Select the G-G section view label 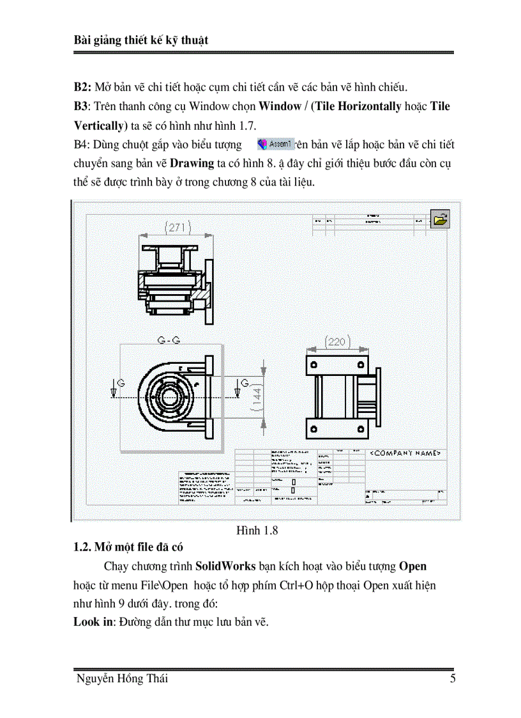pos(167,341)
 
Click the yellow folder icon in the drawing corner pos(440,219)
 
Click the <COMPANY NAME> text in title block pos(406,453)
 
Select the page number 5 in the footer pos(452,679)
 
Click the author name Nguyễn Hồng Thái pos(121,679)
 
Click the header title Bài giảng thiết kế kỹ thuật pos(141,40)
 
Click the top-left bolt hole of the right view pos(314,365)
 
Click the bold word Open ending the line pos(412,566)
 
